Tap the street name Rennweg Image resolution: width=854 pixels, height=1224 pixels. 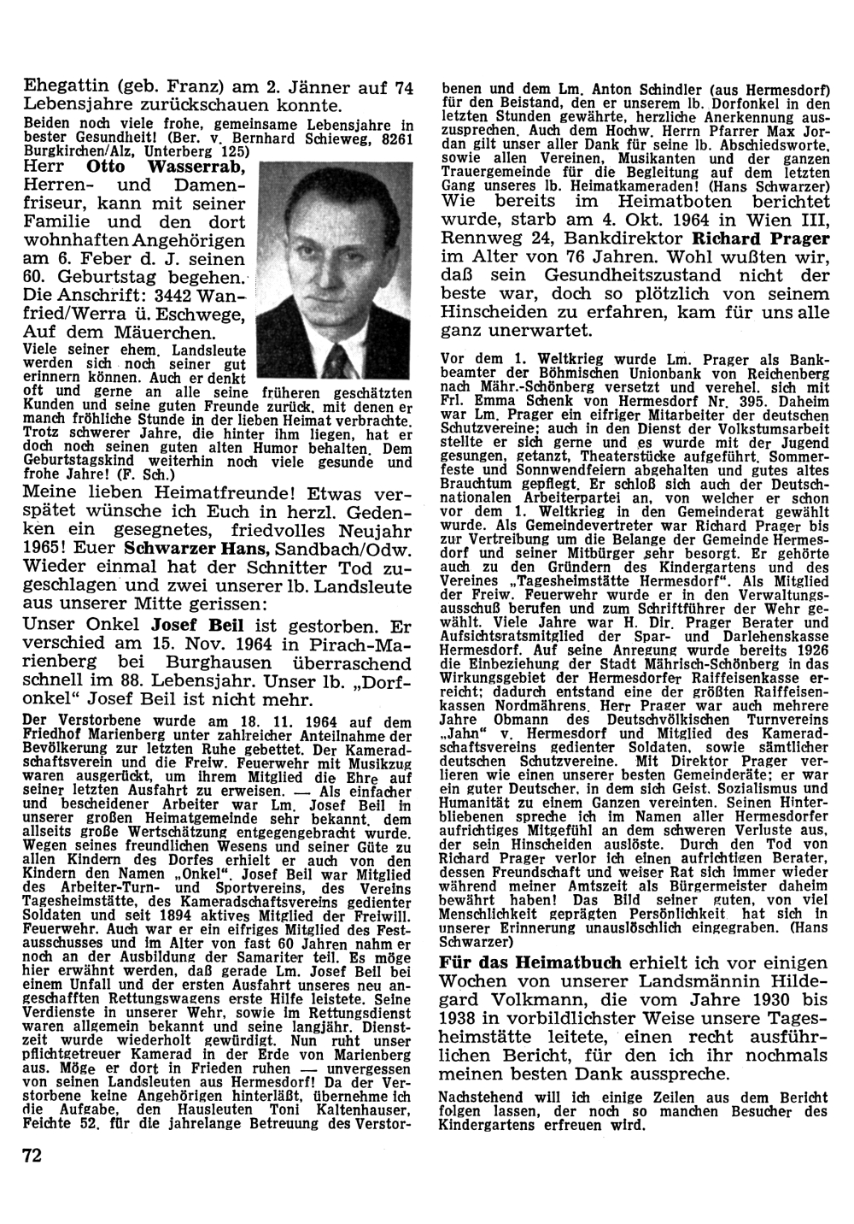click(474, 238)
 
